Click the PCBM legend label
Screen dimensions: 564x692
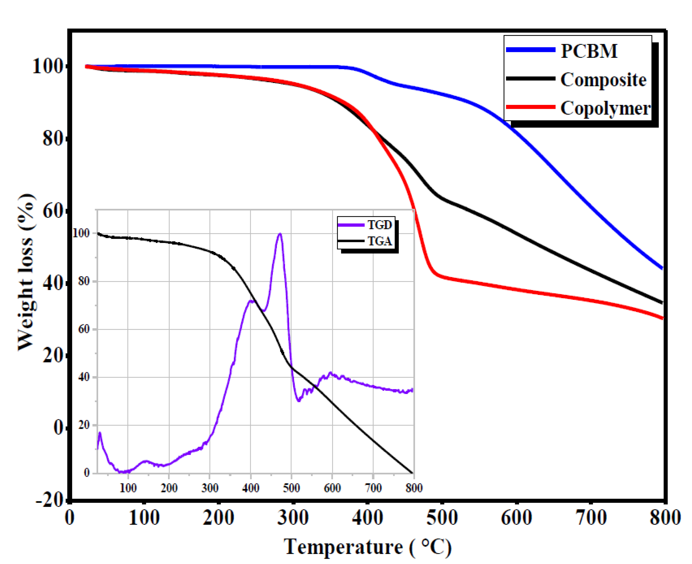pyautogui.click(x=589, y=51)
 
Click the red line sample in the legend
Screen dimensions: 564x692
pyautogui.click(x=530, y=107)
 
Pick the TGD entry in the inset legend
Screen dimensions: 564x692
pyautogui.click(x=379, y=225)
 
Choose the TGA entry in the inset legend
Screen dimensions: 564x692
pyautogui.click(x=379, y=241)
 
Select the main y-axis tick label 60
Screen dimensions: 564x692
pyautogui.click(x=53, y=211)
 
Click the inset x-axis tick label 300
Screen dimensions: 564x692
pyautogui.click(x=210, y=488)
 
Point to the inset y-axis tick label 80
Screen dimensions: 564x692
pyautogui.click(x=84, y=281)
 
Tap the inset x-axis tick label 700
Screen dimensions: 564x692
pyautogui.click(x=373, y=488)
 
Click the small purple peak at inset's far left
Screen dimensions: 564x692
pyautogui.click(x=100, y=433)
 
